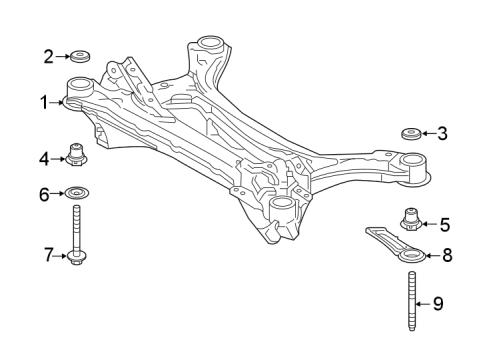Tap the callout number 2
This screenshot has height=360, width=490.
click(47, 56)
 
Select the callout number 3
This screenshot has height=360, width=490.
click(443, 132)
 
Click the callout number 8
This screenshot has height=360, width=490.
click(447, 256)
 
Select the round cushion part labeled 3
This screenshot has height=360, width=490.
click(409, 132)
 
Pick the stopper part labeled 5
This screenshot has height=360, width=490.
click(409, 219)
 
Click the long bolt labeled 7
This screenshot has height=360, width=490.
click(78, 236)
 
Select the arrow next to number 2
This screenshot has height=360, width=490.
click(62, 56)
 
